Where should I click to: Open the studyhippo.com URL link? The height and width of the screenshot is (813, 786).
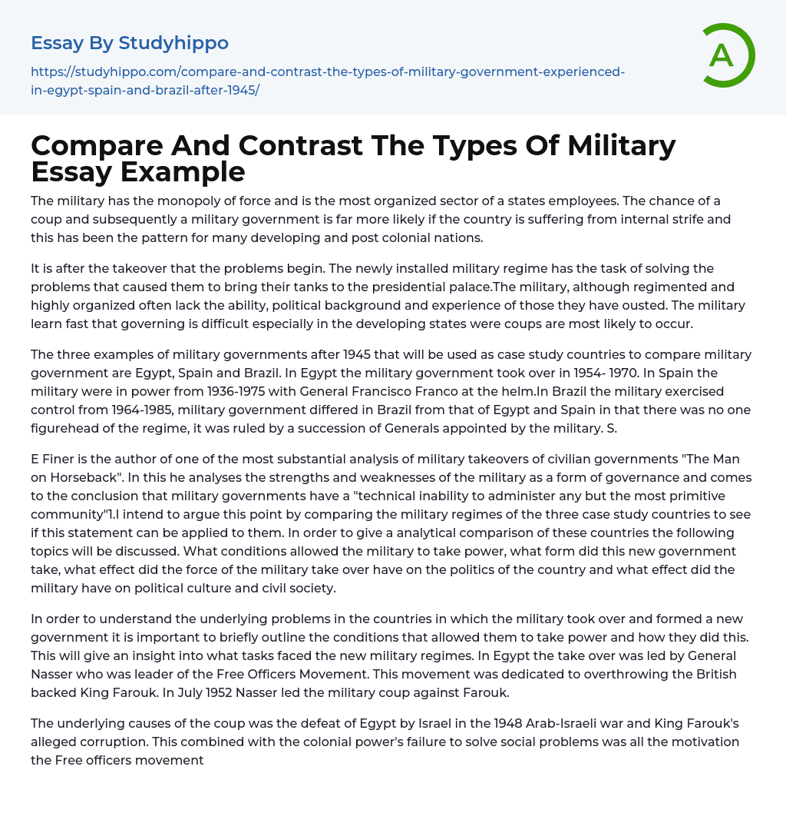click(328, 80)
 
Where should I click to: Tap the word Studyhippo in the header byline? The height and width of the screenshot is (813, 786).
click(173, 43)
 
